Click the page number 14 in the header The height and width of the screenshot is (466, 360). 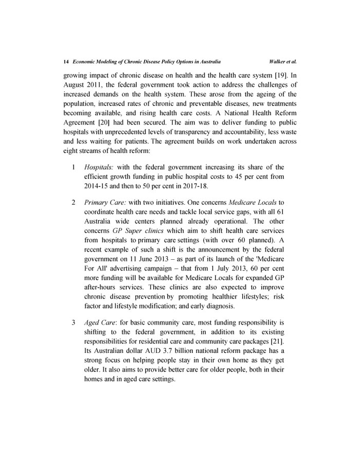coord(66,61)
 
